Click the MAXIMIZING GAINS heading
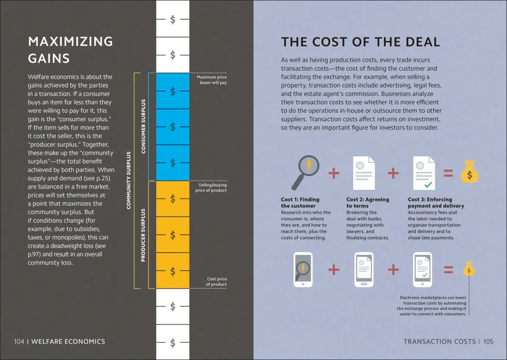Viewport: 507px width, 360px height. pyautogui.click(x=70, y=50)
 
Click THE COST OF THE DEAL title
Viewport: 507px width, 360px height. pyautogui.click(x=360, y=42)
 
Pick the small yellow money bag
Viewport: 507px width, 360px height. pyautogui.click(x=469, y=269)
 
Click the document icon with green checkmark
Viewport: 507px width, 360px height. pyautogui.click(x=424, y=173)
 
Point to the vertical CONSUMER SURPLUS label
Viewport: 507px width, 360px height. pyautogui.click(x=144, y=126)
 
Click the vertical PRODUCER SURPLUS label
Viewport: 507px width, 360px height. pyautogui.click(x=144, y=235)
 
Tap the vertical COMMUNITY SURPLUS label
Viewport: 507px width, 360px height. pyautogui.click(x=129, y=180)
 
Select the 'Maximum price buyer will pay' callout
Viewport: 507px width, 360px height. pyautogui.click(x=211, y=80)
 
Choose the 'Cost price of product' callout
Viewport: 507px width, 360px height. pyautogui.click(x=216, y=282)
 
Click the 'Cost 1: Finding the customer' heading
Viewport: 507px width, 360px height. pyautogui.click(x=300, y=203)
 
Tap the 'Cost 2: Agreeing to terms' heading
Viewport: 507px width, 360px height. pyautogui.click(x=367, y=203)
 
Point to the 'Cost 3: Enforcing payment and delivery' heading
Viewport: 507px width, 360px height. pyautogui.click(x=436, y=203)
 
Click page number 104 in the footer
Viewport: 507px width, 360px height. pyautogui.click(x=19, y=341)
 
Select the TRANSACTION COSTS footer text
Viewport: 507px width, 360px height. pyautogui.click(x=439, y=341)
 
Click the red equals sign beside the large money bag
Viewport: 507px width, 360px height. pyautogui.click(x=448, y=173)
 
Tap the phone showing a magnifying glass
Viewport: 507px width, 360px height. pyautogui.click(x=303, y=270)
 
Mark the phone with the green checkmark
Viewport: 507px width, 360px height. pyautogui.click(x=422, y=270)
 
